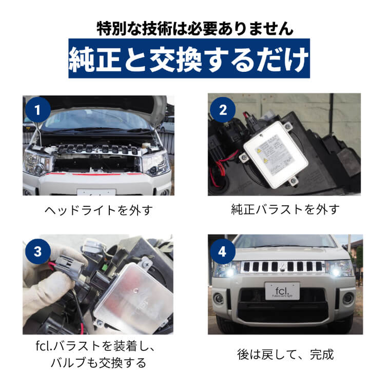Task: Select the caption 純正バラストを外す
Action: click(x=285, y=209)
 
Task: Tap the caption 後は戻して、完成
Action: click(x=285, y=354)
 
